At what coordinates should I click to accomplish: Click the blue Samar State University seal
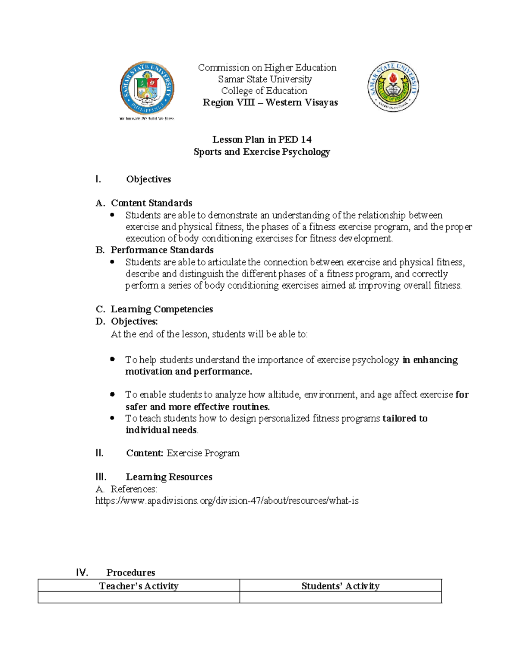point(147,88)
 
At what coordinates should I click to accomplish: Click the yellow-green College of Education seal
point(392,86)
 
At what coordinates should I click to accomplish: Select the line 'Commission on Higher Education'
point(267,67)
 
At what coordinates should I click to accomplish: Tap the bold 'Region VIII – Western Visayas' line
point(270,102)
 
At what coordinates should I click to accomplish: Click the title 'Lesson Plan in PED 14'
point(262,140)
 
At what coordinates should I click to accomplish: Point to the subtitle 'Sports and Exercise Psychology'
point(262,152)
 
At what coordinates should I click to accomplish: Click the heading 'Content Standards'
point(152,203)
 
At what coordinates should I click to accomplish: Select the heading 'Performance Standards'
point(162,250)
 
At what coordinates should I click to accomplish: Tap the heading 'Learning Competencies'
point(162,309)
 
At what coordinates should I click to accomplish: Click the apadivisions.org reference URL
point(227,501)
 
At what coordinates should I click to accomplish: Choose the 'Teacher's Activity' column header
point(139,586)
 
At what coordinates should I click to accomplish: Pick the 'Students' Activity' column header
point(340,586)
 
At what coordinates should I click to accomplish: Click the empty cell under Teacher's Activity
point(139,597)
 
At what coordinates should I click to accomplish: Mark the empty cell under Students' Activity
point(340,597)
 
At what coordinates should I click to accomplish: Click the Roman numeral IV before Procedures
point(82,572)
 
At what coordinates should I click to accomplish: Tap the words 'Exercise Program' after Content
point(203,453)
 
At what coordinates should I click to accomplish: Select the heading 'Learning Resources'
point(169,477)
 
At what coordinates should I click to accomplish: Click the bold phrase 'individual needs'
point(161,430)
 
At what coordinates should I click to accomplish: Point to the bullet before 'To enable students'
point(113,394)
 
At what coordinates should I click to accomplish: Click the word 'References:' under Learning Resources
point(134,489)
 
